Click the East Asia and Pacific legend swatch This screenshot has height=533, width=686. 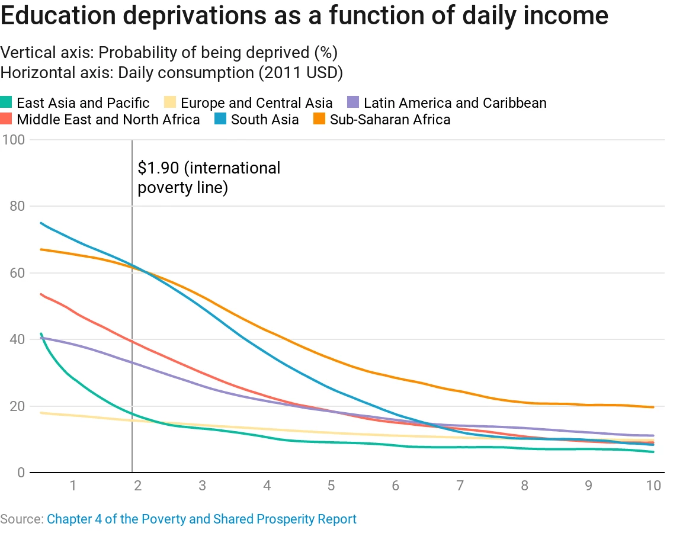(x=7, y=103)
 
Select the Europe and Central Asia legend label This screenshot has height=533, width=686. (x=257, y=103)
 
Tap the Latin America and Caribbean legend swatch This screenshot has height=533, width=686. (x=354, y=103)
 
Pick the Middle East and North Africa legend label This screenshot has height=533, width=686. (x=108, y=120)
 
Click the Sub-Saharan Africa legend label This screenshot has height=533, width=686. (x=390, y=120)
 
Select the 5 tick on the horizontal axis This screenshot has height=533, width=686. (x=331, y=486)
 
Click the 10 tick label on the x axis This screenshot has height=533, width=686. (x=653, y=486)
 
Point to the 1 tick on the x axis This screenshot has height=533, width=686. (x=73, y=486)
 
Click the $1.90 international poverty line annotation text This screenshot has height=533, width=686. (x=209, y=178)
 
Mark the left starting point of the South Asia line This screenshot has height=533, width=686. (x=40, y=223)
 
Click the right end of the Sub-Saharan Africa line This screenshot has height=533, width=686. (x=653, y=407)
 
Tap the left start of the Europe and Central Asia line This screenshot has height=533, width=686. (x=40, y=413)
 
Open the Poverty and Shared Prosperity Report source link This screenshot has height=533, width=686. (x=201, y=519)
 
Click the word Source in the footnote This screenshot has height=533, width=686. (x=21, y=519)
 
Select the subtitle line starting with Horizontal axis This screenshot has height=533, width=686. (x=172, y=73)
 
